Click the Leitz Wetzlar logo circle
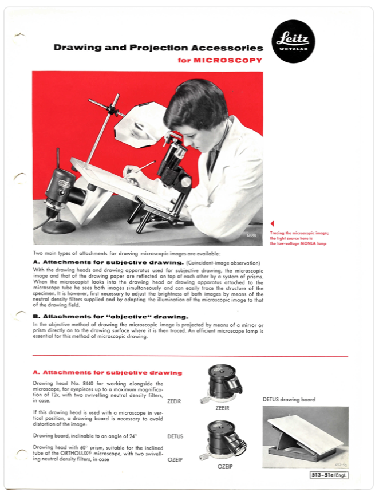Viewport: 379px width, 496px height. (x=294, y=41)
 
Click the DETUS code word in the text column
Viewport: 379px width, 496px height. (x=175, y=436)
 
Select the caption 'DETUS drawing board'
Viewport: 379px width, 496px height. (x=289, y=399)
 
